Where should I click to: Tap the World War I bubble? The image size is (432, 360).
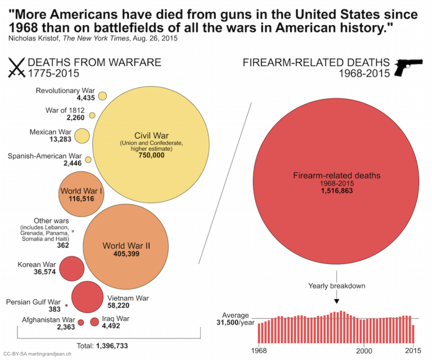[x=80, y=195]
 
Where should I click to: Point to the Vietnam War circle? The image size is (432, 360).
[x=86, y=296]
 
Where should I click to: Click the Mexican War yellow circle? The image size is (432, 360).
[x=82, y=136]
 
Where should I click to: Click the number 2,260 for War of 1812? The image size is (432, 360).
[x=75, y=118]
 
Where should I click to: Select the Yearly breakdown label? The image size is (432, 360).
[x=336, y=286]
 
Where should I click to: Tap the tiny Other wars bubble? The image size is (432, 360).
[x=73, y=231]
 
